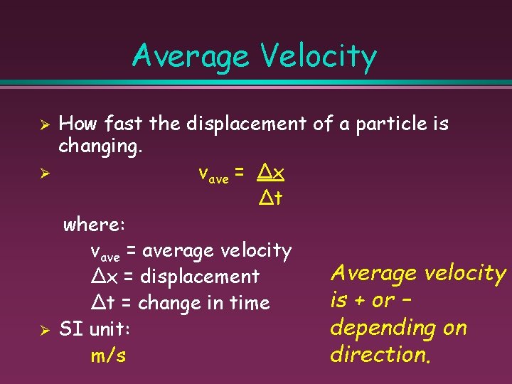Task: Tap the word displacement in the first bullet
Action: point(247,124)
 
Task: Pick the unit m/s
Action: point(108,356)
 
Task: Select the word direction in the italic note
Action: point(380,355)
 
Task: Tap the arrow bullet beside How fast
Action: point(43,124)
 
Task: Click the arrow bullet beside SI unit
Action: point(43,330)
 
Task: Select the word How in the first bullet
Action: point(78,124)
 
